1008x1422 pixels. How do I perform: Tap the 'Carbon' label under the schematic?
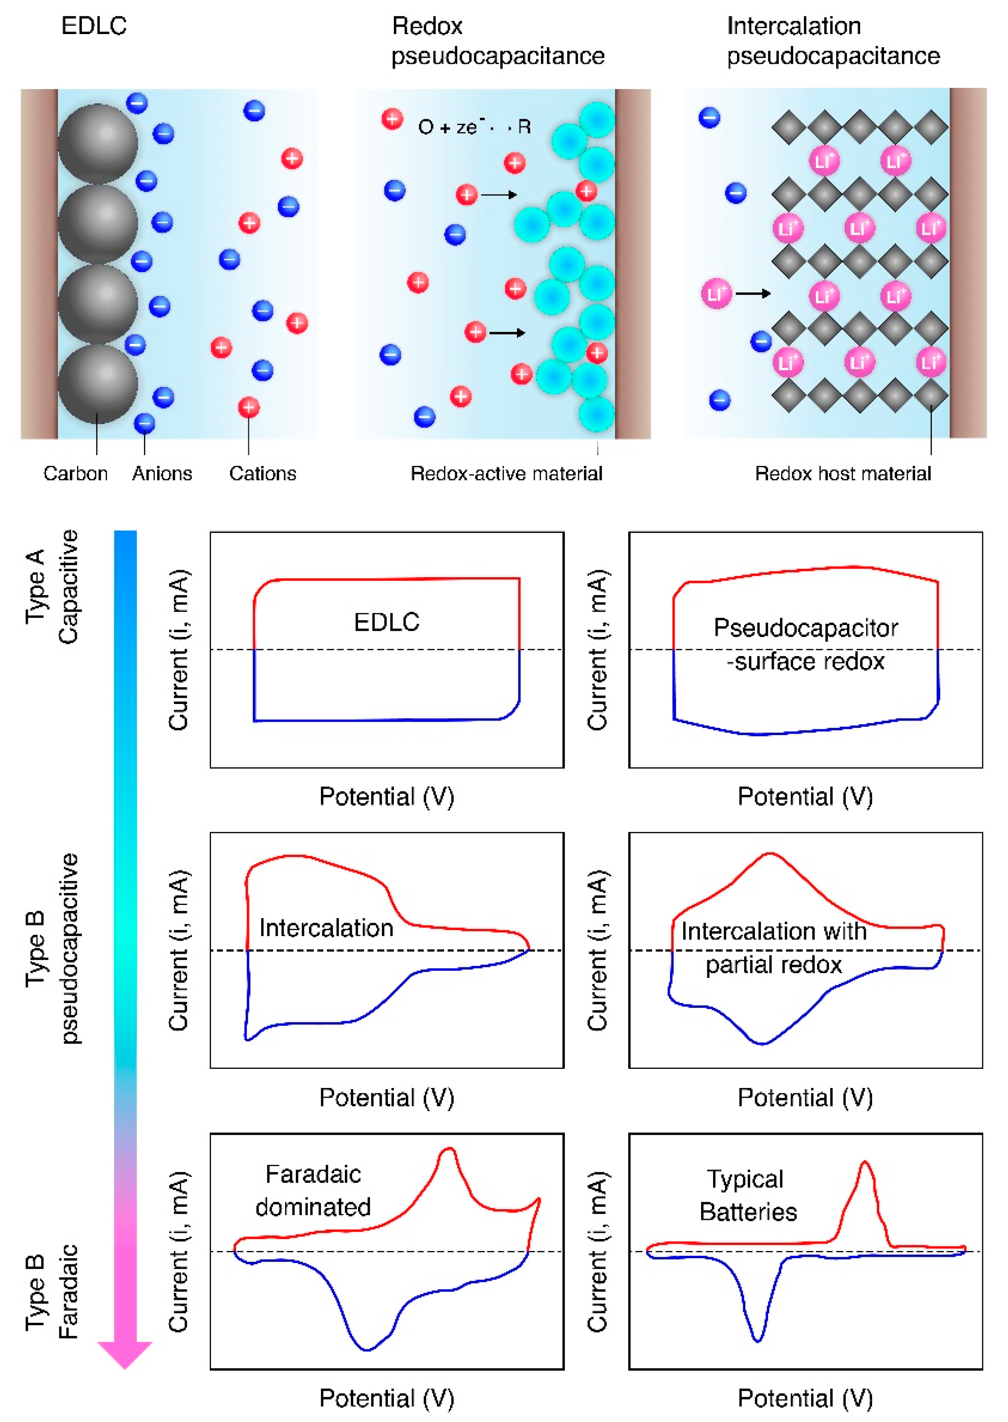pos(75,474)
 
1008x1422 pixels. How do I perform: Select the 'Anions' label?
pos(162,474)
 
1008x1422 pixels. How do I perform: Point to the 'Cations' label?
pos(263,474)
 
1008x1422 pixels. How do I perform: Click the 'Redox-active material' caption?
pos(507,474)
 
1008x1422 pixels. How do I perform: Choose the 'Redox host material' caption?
pos(843,474)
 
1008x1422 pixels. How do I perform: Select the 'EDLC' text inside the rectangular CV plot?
pos(387,622)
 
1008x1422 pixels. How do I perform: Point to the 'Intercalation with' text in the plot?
pos(773,931)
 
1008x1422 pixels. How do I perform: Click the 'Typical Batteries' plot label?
pos(748,1195)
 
